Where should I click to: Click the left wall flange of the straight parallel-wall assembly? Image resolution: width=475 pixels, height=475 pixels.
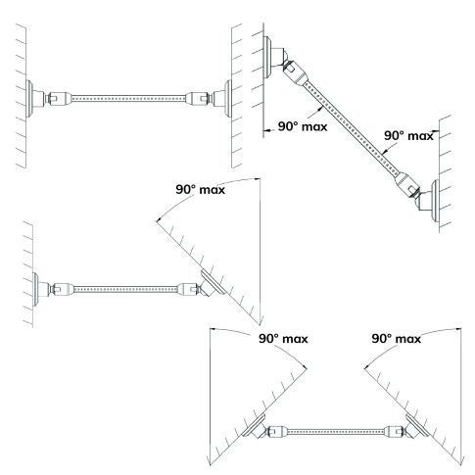point(29,98)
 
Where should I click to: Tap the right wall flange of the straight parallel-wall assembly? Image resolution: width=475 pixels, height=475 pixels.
point(227,98)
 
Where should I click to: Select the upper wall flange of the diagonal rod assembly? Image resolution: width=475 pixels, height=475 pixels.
point(267,57)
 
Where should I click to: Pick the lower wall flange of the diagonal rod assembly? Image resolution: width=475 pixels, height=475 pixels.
point(435,201)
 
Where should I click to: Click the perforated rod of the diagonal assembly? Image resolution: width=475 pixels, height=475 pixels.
point(352,127)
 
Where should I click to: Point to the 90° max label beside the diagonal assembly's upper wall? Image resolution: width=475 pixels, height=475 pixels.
point(303,126)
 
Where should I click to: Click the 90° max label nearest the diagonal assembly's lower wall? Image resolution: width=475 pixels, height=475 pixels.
point(408,136)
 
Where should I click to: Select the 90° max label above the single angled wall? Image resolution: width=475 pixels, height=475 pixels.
point(201,190)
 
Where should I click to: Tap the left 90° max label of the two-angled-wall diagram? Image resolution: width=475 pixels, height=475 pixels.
point(283,339)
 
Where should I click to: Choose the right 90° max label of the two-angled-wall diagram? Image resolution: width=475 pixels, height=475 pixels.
point(397,339)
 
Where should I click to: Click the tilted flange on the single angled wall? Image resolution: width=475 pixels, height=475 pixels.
point(213,282)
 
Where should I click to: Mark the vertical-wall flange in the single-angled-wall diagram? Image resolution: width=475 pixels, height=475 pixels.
point(35,289)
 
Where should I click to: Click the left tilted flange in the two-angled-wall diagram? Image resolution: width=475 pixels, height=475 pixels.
point(254,425)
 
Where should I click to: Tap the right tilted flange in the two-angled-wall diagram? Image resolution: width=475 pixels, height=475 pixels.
point(418,425)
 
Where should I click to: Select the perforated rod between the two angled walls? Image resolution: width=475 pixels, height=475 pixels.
point(336,432)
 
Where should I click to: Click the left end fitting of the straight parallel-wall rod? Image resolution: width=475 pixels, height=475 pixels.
point(59,98)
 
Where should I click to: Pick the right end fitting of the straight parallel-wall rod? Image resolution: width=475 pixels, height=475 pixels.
point(199,98)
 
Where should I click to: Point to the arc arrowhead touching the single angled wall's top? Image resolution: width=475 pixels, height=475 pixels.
point(159,219)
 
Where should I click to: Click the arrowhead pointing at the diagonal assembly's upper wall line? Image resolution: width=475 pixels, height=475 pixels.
point(266,130)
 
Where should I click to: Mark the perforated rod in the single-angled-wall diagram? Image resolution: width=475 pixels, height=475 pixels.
point(125,289)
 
